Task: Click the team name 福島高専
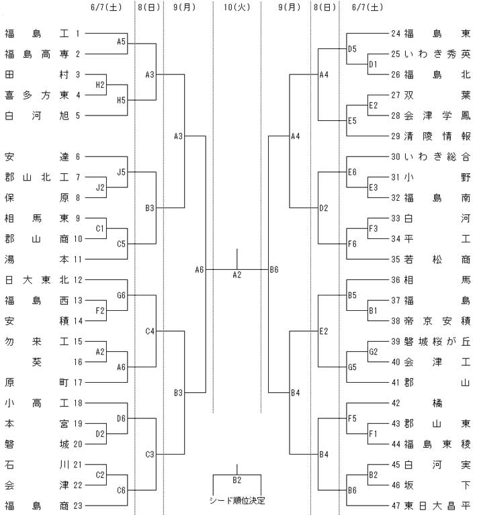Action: point(36,54)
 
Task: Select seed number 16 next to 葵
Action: point(78,362)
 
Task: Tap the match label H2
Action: point(100,85)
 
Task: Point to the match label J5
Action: point(122,172)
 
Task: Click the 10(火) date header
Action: point(236,7)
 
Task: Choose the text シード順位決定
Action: point(237,500)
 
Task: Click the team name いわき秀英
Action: point(437,54)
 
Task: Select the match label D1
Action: point(373,64)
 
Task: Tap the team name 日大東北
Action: point(36,280)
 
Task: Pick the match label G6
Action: point(122,295)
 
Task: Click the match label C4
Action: point(150,331)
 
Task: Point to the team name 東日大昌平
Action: point(437,506)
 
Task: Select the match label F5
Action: point(352,418)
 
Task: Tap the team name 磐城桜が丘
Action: point(437,342)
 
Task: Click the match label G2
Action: point(373,352)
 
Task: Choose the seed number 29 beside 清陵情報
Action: point(396,136)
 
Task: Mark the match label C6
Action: point(122,490)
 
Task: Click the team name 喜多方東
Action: point(36,95)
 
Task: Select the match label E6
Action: point(352,172)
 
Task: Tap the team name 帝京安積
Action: point(437,321)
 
